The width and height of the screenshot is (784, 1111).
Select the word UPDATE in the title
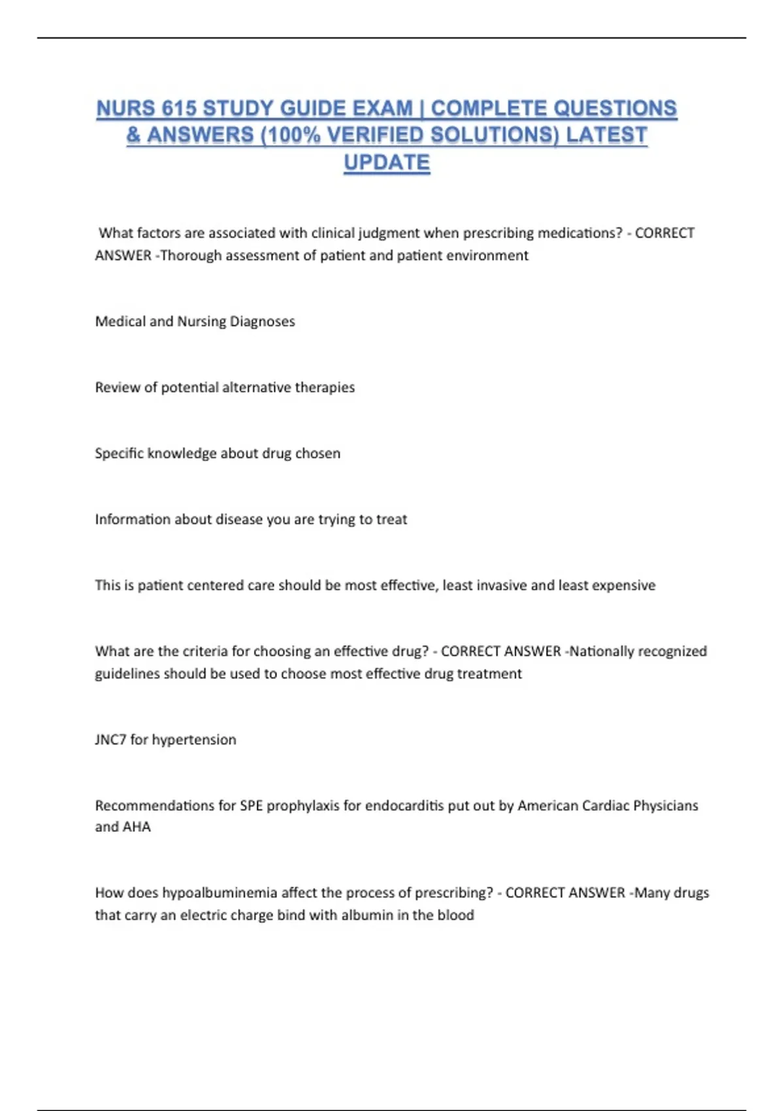387,162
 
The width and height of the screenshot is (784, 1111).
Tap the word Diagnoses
262,322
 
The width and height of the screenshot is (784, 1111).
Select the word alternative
257,388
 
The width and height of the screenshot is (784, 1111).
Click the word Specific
120,454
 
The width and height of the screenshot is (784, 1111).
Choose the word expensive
623,586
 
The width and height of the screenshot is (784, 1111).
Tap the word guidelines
127,674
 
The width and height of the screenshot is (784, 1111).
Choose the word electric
203,915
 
